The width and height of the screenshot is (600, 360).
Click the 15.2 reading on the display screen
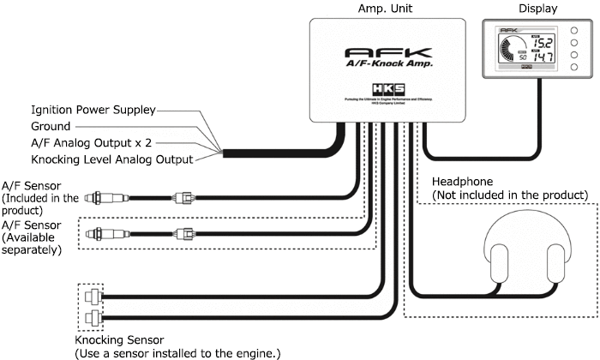click(542, 42)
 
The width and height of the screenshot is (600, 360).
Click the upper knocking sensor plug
click(90, 297)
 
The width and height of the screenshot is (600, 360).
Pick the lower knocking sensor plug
click(90, 320)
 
